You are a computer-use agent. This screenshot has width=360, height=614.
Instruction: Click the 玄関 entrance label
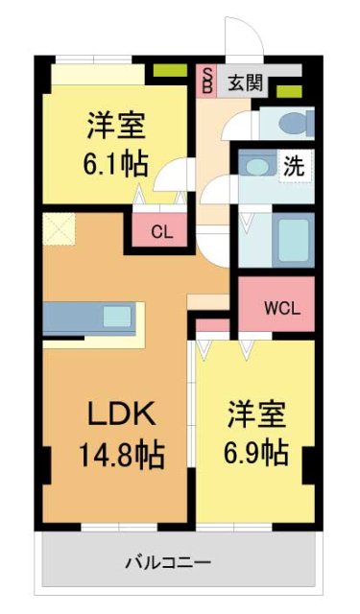pyautogui.click(x=244, y=83)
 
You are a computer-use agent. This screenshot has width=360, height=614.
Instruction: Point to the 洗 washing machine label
pyautogui.click(x=294, y=165)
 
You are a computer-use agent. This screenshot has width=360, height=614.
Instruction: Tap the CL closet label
pyautogui.click(x=161, y=230)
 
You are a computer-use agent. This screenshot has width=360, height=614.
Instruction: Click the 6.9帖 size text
pyautogui.click(x=255, y=452)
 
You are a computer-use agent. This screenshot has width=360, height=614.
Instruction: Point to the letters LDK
pyautogui.click(x=114, y=414)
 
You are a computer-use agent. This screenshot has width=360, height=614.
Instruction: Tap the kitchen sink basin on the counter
pyautogui.click(x=118, y=316)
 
